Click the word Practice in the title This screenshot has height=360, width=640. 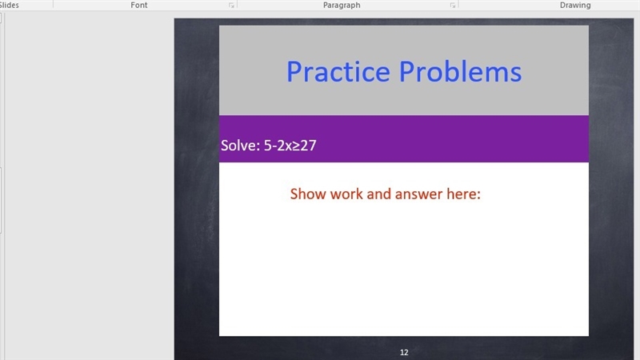(x=338, y=72)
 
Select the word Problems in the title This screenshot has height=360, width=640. (x=460, y=72)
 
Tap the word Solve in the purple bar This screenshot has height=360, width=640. (x=238, y=146)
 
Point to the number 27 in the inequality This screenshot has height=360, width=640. (x=309, y=146)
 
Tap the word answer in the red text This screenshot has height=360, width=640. (x=418, y=194)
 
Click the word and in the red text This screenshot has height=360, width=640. (x=378, y=194)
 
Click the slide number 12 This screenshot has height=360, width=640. (x=404, y=352)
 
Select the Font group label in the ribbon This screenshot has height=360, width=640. (x=138, y=5)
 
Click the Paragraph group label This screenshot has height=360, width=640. (x=342, y=5)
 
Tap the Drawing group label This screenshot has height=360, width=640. (x=575, y=5)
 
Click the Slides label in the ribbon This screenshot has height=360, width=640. (x=9, y=5)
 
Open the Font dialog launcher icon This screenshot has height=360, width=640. (x=231, y=6)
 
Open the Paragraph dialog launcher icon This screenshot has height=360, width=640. (x=453, y=6)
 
